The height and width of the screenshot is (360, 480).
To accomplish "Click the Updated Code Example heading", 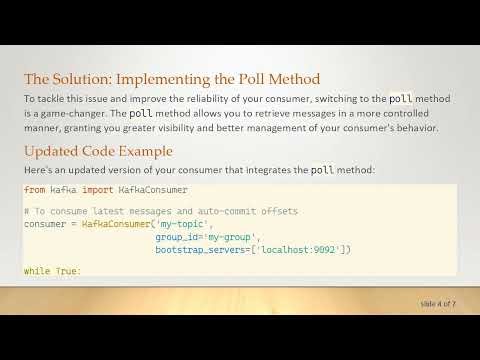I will point(98,151).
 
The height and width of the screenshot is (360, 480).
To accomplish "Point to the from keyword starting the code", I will point(34,189).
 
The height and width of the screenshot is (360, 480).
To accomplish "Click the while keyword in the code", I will point(37,271).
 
